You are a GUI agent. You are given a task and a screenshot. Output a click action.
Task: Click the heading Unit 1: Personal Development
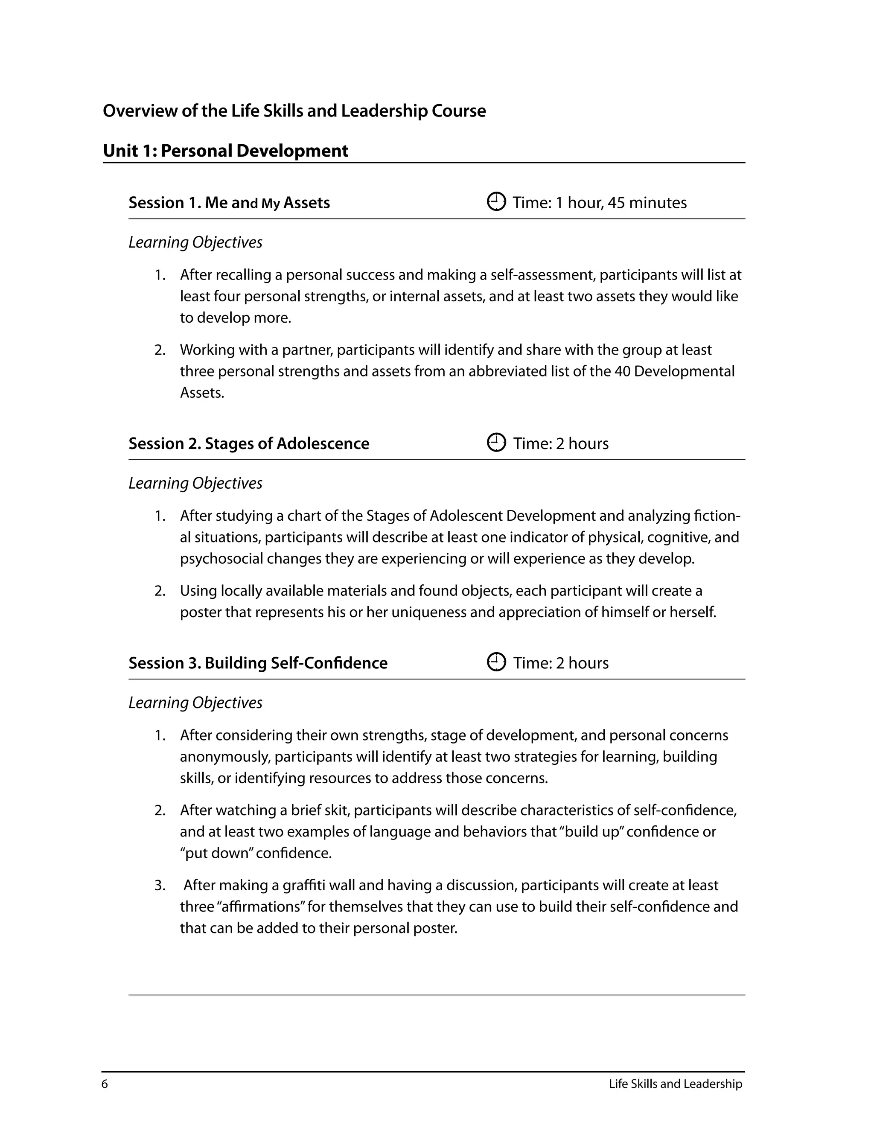pyautogui.click(x=225, y=151)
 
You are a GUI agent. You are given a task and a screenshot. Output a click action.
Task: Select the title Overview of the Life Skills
pyautogui.click(x=294, y=111)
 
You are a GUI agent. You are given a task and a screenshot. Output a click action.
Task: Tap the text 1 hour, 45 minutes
pyautogui.click(x=621, y=202)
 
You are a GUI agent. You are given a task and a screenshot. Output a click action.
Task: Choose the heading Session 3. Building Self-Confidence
pyautogui.click(x=258, y=663)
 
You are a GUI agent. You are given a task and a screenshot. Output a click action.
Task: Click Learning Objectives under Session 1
pyautogui.click(x=195, y=242)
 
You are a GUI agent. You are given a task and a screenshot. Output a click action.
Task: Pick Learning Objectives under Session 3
pyautogui.click(x=195, y=703)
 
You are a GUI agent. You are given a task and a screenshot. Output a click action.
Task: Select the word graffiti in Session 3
pyautogui.click(x=304, y=886)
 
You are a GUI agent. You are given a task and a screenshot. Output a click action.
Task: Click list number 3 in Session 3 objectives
pyautogui.click(x=160, y=886)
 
